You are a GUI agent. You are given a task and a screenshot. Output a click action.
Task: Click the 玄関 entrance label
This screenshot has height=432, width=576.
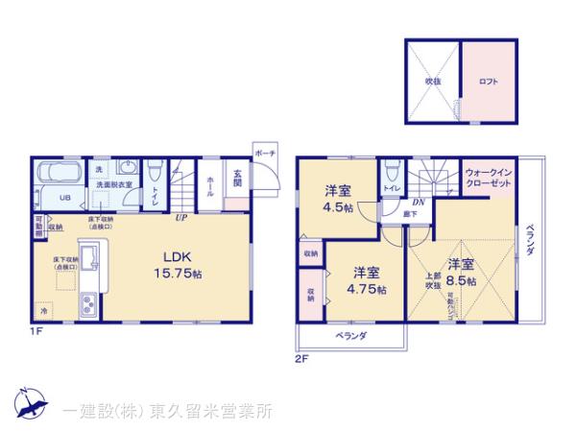point(237,180)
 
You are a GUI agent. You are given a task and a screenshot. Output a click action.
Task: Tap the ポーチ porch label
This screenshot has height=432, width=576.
point(265,155)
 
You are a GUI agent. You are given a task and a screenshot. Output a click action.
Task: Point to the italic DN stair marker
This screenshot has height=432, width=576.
point(419,203)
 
